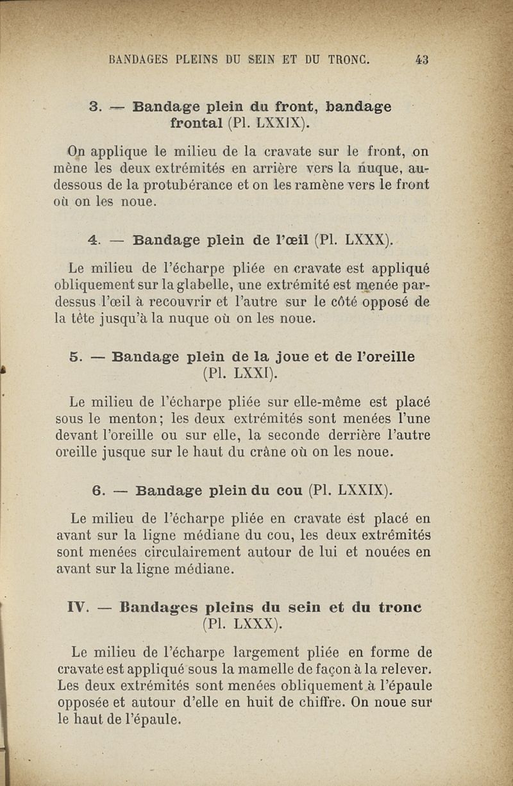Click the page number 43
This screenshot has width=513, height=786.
(421, 60)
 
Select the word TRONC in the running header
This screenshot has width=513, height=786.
(349, 60)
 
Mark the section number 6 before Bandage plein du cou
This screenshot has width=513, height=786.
(99, 490)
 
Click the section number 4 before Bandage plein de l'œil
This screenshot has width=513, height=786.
(94, 241)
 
